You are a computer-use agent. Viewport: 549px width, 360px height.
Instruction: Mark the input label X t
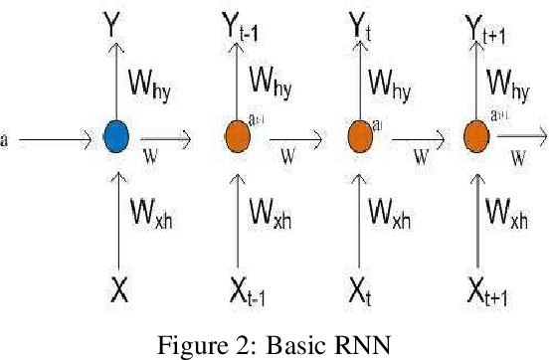pyautogui.click(x=360, y=293)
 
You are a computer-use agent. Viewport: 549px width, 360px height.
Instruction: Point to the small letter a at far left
pyautogui.click(x=4, y=140)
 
